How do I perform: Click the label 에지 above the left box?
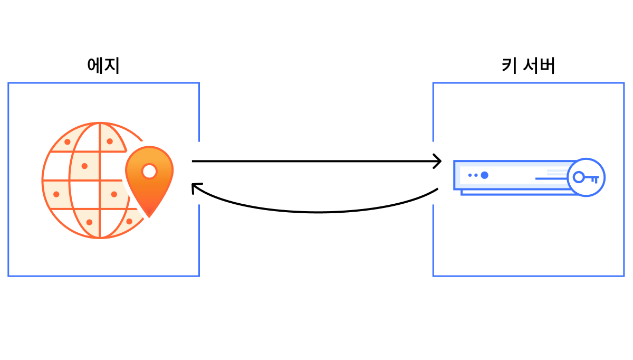[103, 65]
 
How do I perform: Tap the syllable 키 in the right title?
[510, 65]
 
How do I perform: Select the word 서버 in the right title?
[539, 65]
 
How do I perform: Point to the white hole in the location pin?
[149, 171]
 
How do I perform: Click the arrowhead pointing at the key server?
[437, 161]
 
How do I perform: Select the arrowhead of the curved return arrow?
[196, 188]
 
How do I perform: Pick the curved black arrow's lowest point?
[318, 212]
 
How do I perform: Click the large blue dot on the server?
[485, 175]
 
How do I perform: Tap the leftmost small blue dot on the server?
[470, 175]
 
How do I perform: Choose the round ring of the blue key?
[579, 177]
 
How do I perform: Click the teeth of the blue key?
[594, 180]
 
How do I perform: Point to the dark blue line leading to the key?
[551, 178]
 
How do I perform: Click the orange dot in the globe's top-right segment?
[110, 141]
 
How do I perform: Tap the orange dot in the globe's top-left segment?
[68, 141]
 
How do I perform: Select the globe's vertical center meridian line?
[100, 181]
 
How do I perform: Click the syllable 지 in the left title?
[112, 65]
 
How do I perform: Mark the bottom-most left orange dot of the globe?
[89, 222]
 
